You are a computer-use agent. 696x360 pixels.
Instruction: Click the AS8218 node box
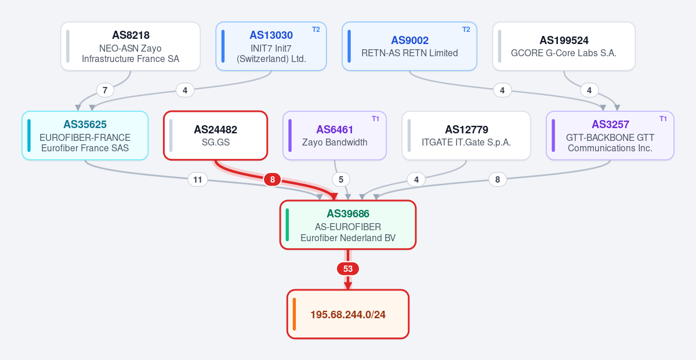(130, 46)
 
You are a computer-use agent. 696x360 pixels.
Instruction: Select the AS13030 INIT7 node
(271, 46)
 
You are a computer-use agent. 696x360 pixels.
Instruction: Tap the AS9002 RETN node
(409, 46)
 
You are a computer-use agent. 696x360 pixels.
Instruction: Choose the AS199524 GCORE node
(564, 46)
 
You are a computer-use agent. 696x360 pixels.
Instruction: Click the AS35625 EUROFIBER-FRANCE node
(85, 136)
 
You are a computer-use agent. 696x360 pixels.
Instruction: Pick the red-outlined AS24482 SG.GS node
(215, 136)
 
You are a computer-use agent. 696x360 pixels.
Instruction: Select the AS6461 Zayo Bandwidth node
(334, 136)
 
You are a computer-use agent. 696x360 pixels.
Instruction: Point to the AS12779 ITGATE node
(466, 136)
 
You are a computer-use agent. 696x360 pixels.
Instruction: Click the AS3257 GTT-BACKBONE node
(610, 136)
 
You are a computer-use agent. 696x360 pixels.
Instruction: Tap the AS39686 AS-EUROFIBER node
(347, 224)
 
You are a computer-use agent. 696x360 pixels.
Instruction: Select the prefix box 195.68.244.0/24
(347, 314)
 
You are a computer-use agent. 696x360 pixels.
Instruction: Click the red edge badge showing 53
(347, 268)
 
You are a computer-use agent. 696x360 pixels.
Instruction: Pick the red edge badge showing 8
(272, 180)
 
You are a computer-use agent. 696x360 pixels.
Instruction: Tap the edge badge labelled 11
(198, 180)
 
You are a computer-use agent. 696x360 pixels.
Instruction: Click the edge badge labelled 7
(105, 90)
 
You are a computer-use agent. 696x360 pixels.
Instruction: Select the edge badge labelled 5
(341, 180)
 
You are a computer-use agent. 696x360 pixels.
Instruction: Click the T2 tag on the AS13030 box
(316, 30)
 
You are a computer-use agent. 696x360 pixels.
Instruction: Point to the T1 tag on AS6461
(375, 119)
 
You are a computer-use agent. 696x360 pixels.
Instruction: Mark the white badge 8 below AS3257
(498, 180)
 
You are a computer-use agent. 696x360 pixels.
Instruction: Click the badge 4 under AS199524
(589, 90)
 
